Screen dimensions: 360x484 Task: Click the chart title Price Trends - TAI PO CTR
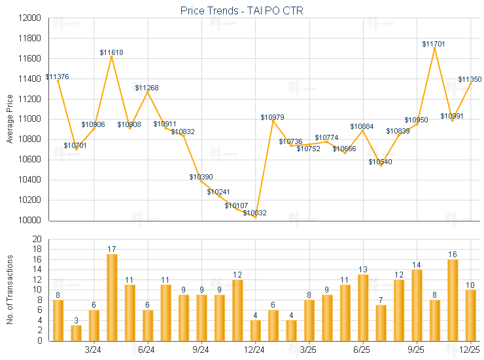click(x=241, y=10)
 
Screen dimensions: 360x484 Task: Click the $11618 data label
click(x=112, y=52)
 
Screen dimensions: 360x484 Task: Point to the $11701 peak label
click(x=434, y=44)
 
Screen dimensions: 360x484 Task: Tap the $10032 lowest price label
click(x=254, y=213)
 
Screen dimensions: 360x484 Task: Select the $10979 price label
click(x=272, y=117)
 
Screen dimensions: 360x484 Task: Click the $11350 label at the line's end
click(x=470, y=79)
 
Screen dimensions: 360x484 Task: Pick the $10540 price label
click(x=380, y=162)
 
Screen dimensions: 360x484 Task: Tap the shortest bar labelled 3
click(x=76, y=333)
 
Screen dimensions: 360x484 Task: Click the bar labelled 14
click(x=417, y=305)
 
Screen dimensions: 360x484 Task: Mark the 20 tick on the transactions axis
click(x=37, y=239)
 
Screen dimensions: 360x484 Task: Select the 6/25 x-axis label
click(x=363, y=350)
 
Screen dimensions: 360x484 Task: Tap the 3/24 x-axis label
click(x=94, y=350)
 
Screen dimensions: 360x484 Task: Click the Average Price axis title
click(x=9, y=119)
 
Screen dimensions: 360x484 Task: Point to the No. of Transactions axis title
click(x=9, y=289)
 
